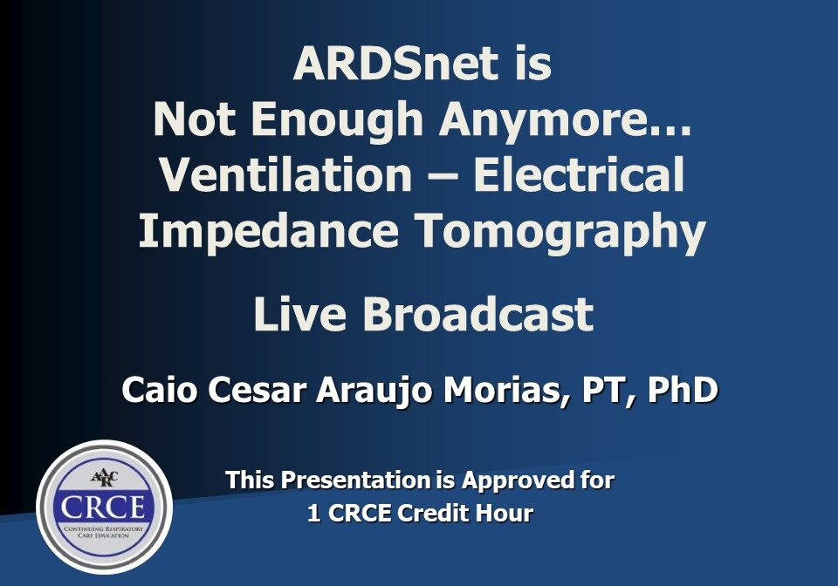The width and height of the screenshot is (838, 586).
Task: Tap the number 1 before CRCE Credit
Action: [313, 514]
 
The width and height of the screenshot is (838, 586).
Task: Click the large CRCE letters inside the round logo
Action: [104, 508]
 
